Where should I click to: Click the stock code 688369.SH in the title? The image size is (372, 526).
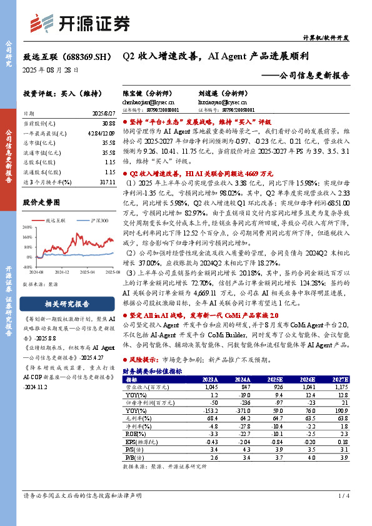tap(88, 56)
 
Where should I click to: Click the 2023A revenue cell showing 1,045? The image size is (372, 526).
tap(209, 387)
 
